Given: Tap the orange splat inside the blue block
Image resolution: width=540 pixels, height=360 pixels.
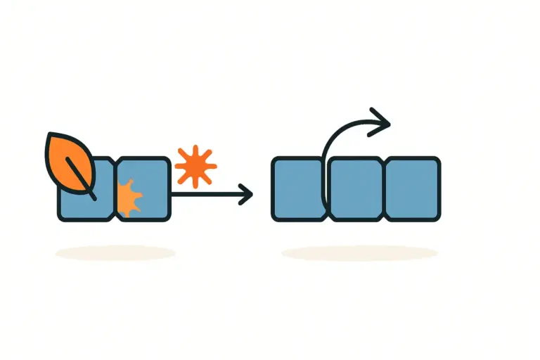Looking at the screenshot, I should coord(128,197).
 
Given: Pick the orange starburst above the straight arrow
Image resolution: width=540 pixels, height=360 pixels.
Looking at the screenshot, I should coord(195,166).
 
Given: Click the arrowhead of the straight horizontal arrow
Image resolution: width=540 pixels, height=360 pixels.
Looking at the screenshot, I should coord(246,193).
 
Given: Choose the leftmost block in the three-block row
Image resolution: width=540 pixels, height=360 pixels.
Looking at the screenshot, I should coord(297,188).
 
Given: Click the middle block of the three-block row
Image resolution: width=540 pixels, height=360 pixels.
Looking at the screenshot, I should coord(356,188).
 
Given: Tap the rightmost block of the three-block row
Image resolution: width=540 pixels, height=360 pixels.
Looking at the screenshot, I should coord(413,188).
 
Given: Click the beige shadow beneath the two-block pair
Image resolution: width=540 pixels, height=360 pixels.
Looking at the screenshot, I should coord(115,252).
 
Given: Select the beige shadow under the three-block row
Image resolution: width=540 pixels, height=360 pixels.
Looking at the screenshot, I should coord(360,252).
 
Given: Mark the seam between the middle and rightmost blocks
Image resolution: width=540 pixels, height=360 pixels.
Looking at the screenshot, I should coord(385,188).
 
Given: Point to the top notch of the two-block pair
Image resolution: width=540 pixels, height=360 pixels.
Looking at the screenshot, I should coord(115,160).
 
